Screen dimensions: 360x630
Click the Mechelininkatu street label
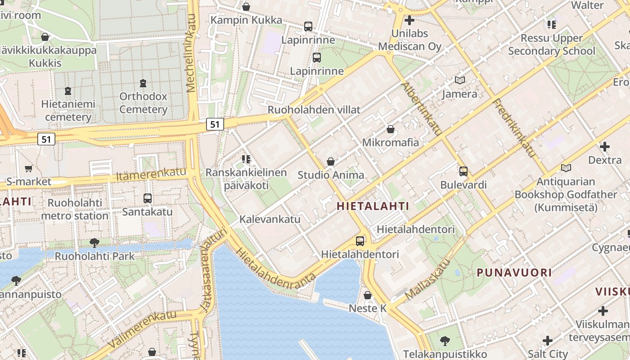pyautogui.click(x=192, y=53)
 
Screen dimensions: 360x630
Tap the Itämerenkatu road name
pyautogui.click(x=151, y=175)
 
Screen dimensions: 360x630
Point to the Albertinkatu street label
pyautogui.click(x=421, y=108)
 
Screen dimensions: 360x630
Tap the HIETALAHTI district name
pyautogui.click(x=373, y=207)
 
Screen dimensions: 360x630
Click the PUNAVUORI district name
pyautogui.click(x=514, y=272)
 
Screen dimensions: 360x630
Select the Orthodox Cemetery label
pyautogui.click(x=143, y=103)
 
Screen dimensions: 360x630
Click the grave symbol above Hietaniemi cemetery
pyautogui.click(x=68, y=91)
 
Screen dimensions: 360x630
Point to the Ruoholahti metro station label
pyautogui.click(x=75, y=209)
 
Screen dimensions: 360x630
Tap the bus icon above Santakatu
pyautogui.click(x=147, y=198)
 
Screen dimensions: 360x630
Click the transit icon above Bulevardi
pyautogui.click(x=463, y=171)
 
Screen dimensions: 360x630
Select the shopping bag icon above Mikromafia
pyautogui.click(x=391, y=129)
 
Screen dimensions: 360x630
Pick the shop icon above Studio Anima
pyautogui.click(x=331, y=161)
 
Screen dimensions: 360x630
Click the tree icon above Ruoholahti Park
pyautogui.click(x=94, y=243)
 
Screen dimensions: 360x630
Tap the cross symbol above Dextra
pyautogui.click(x=605, y=147)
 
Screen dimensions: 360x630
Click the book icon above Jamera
pyautogui.click(x=459, y=81)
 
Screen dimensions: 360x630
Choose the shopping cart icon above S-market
pyautogui.click(x=28, y=168)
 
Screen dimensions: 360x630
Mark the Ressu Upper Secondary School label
pyautogui.click(x=552, y=45)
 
